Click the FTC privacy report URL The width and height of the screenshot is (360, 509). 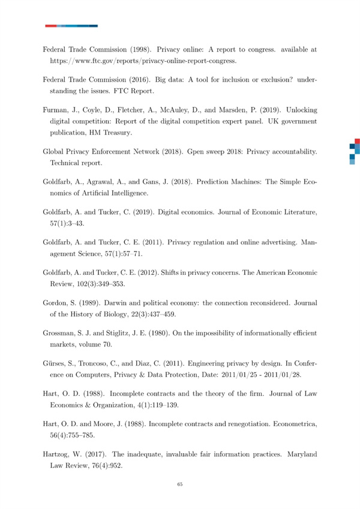tap(143, 61)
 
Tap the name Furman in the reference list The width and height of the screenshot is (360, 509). tap(55, 111)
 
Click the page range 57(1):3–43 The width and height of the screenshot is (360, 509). tap(71, 221)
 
